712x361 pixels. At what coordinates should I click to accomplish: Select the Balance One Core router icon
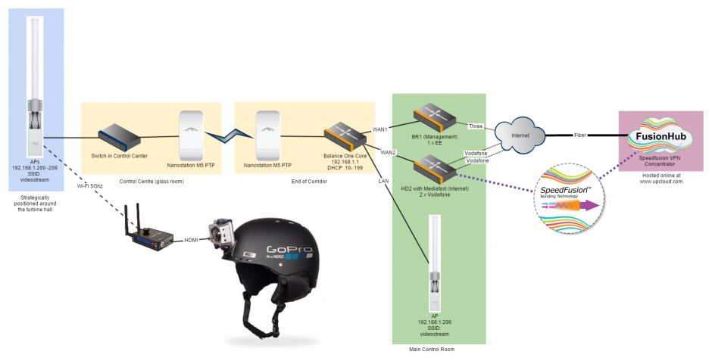pos(346,137)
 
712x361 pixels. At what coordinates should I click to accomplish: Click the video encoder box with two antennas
pos(149,239)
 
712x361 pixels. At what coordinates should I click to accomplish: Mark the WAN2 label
pos(389,153)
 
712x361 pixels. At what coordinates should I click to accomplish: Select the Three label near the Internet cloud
pos(475,126)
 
